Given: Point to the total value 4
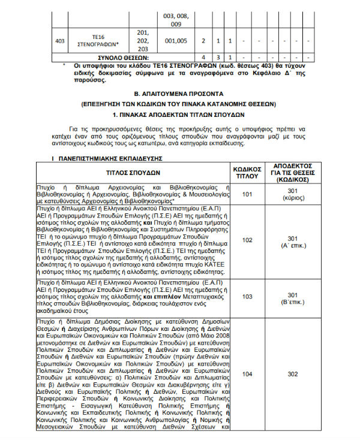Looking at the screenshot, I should (204, 56).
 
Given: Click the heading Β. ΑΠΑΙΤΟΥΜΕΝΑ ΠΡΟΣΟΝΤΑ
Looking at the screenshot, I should (178, 94).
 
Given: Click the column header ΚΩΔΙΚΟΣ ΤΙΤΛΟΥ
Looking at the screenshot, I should (247, 171).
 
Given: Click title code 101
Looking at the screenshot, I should (247, 194).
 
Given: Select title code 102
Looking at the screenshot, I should (247, 240).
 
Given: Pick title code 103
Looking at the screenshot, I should (247, 296).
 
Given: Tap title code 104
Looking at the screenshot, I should (247, 374).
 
